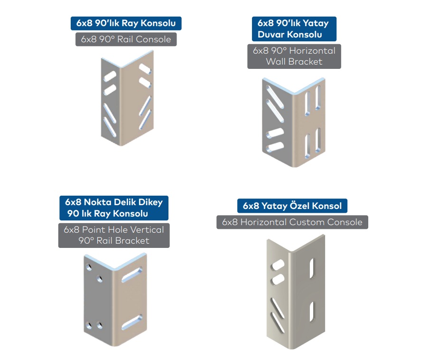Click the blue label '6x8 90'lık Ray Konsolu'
[x=126, y=23]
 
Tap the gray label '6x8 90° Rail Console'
[x=126, y=39]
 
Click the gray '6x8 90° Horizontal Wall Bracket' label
[x=294, y=56]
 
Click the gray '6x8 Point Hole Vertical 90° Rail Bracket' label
[x=114, y=235]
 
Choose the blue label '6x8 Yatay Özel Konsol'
[x=292, y=206]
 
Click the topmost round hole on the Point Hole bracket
[x=89, y=267]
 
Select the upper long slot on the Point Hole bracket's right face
[x=132, y=275]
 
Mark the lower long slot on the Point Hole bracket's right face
[x=132, y=322]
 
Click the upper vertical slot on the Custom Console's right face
[x=312, y=268]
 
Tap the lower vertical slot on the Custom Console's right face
[x=312, y=312]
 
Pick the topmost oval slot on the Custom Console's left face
[x=278, y=265]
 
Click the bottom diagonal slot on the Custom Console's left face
[x=278, y=322]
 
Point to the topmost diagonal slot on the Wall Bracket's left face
[x=275, y=97]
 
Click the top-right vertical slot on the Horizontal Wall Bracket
[x=318, y=98]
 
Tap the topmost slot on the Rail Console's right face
[x=145, y=69]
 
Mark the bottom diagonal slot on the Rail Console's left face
[x=110, y=127]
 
